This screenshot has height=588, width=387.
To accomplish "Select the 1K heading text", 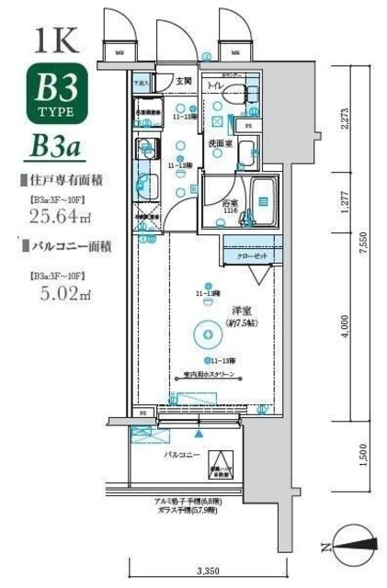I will [x=58, y=40].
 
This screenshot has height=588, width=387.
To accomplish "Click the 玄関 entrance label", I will [x=184, y=83].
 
